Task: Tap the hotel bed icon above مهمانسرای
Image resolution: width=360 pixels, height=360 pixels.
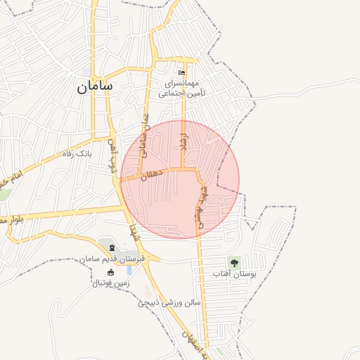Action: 182,72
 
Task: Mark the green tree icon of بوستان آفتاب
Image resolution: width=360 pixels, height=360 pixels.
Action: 234,262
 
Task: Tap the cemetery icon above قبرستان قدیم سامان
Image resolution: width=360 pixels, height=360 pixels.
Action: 111,248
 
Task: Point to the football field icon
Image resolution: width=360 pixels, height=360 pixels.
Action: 110,272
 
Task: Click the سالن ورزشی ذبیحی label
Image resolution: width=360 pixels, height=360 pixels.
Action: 169,303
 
